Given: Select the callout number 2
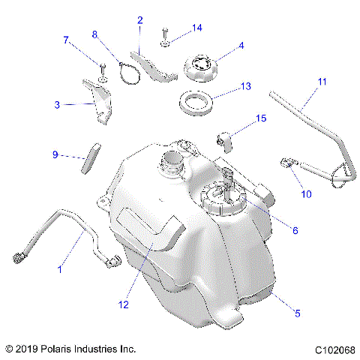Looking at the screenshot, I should click(139, 20).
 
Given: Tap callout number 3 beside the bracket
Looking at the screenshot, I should click(57, 105).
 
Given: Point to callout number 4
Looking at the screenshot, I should click(241, 46).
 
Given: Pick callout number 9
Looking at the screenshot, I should click(55, 155).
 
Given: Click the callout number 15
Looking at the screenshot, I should click(262, 118).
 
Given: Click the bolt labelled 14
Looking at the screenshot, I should click(163, 38).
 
